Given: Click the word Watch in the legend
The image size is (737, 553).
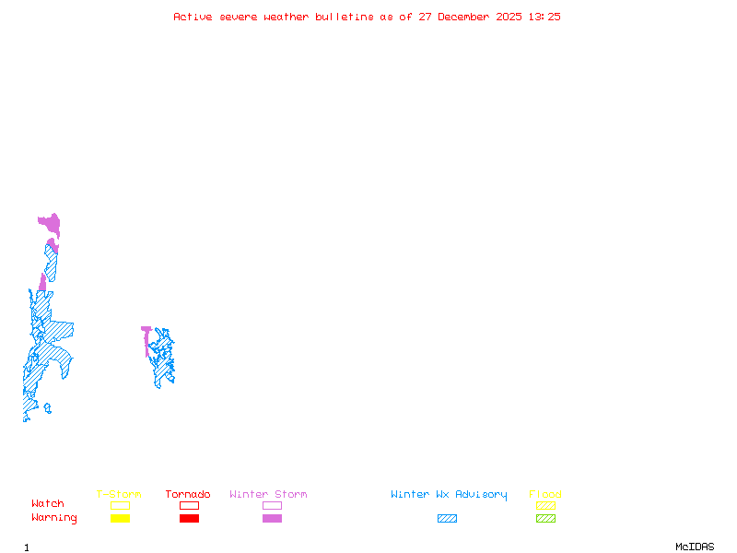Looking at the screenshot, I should coord(48,504).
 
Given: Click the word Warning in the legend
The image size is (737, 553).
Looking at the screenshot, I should coord(54,518).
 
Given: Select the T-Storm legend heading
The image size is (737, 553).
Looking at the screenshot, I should coord(119,495).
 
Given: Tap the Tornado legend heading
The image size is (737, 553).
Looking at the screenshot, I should coord(188,495).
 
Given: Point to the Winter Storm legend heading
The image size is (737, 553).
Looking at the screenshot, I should coord(268,495).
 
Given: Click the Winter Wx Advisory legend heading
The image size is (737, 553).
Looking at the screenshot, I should coord(449,495).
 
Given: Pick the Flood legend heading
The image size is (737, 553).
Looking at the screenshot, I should coord(545,495).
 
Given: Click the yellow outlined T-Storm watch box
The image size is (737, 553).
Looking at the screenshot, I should coord(120,505).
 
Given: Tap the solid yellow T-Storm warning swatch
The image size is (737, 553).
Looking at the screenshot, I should coord(120,518).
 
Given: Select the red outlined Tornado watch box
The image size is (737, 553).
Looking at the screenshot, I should coord(189,505).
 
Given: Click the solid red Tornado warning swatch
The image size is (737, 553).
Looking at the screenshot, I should coord(189,518).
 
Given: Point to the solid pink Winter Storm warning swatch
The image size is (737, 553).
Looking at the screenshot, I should coord(272,518).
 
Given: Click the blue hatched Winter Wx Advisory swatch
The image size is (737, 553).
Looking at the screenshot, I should coord(447,518).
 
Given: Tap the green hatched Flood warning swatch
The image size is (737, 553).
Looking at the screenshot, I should coord(545,518).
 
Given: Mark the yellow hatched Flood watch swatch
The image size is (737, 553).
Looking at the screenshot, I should coord(545,505).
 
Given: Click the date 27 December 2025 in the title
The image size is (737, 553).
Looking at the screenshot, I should coord(470,17).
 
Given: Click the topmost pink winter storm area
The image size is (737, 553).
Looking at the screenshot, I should coord(50,223).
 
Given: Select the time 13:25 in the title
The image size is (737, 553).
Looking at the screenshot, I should coord(544,17).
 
